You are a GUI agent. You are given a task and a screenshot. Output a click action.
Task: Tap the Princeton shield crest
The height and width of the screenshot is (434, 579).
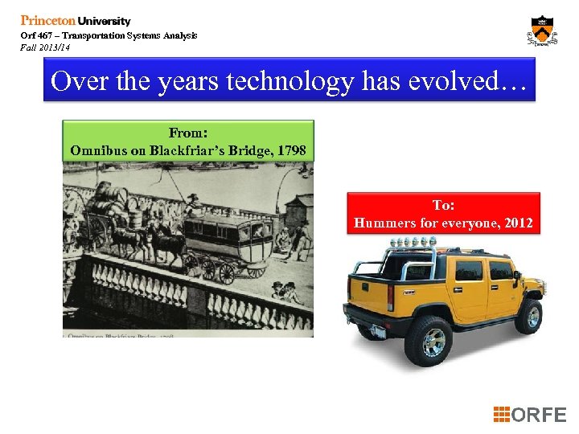[543, 31]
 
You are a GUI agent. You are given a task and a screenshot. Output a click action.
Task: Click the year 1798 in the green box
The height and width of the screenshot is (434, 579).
[289, 149]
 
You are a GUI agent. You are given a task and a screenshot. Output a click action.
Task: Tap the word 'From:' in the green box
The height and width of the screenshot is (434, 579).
[187, 133]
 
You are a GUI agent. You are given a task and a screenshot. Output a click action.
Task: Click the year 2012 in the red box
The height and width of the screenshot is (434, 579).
[515, 223]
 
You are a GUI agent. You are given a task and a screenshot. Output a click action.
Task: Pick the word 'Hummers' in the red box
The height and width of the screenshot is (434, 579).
[384, 223]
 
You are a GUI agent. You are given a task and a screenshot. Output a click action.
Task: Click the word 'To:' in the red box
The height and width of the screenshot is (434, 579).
[443, 206]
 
